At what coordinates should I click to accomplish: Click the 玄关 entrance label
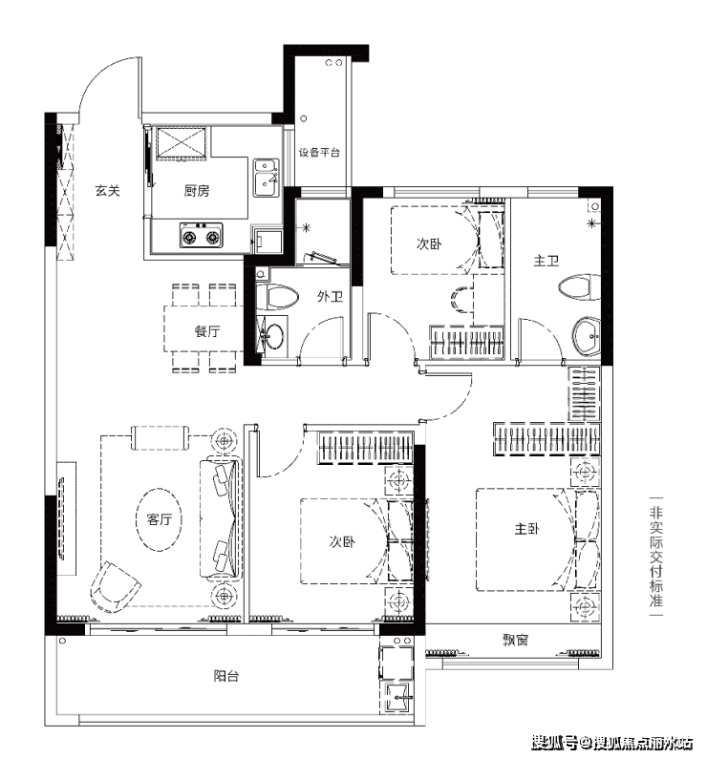pos(107,191)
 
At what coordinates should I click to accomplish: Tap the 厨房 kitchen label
pos(197,191)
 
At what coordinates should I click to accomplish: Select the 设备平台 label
pos(319,153)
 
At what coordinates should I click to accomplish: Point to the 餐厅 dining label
pos(207,331)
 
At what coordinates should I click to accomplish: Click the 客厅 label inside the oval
pos(160,519)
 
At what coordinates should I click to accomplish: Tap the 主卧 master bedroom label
pos(526,529)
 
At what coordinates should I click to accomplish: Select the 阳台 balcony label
pos(226,676)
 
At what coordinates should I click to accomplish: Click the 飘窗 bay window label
pos(515,641)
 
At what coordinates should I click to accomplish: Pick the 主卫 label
pos(546,262)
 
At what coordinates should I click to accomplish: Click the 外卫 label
pos(331,296)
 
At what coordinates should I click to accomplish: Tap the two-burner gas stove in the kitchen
pos(201,235)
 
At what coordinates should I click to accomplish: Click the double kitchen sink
pos(267,178)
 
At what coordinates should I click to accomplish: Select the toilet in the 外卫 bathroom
pos(277,296)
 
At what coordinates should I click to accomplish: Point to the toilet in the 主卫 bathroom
pos(579,287)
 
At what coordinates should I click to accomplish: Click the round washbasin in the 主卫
pos(587,335)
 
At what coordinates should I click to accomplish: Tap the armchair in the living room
pos(115,585)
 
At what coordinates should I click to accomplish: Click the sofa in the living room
pos(221,518)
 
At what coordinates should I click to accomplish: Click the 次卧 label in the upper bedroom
pos(429,243)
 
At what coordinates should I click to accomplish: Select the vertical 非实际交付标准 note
pos(656,557)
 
